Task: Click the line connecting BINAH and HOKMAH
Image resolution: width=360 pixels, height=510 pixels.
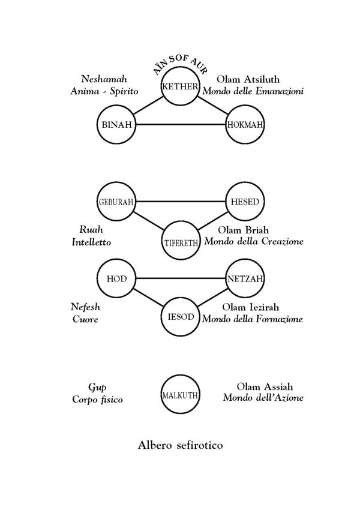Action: click(x=181, y=125)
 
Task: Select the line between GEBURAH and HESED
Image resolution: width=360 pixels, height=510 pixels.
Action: click(x=181, y=202)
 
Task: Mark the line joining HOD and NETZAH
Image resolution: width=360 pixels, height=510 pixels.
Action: click(x=181, y=279)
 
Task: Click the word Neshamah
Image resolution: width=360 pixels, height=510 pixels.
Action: click(x=104, y=79)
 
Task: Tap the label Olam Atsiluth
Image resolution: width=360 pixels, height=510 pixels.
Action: click(x=248, y=79)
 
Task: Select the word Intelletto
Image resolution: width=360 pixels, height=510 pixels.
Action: click(x=91, y=242)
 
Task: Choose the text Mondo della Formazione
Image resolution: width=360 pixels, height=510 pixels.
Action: click(x=253, y=319)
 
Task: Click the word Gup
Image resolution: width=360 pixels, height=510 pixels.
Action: click(x=97, y=388)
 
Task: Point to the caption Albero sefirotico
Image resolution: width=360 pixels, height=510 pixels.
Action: click(x=181, y=445)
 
